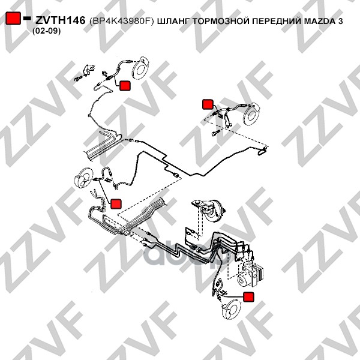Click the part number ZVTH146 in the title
(61, 20)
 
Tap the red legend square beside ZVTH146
(13, 18)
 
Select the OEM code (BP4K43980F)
(121, 21)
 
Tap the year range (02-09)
(46, 31)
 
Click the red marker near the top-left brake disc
(125, 86)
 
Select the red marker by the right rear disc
(208, 104)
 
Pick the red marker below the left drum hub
(116, 204)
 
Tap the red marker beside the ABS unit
(248, 297)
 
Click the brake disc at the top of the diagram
(141, 68)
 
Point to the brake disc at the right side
(251, 114)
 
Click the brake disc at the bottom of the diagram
(231, 310)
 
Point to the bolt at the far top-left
(78, 79)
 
